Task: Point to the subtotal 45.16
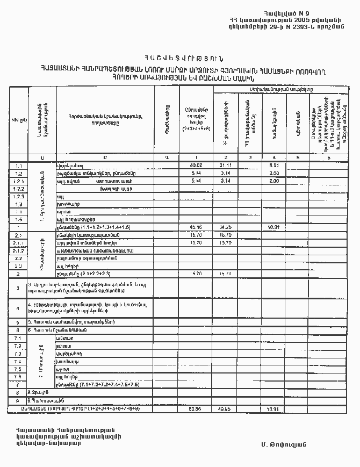tap(196, 227)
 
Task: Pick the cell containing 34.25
tap(225, 227)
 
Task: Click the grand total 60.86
tap(196, 409)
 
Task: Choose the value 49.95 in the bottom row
tap(225, 409)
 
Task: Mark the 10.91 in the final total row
tap(274, 409)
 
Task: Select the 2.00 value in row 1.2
tap(274, 174)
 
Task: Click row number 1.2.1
tap(19, 182)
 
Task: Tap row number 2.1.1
tap(19, 243)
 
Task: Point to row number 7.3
tap(19, 354)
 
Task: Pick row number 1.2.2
tap(19, 189)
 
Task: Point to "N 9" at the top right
tap(288, 12)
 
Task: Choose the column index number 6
tap(329, 157)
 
